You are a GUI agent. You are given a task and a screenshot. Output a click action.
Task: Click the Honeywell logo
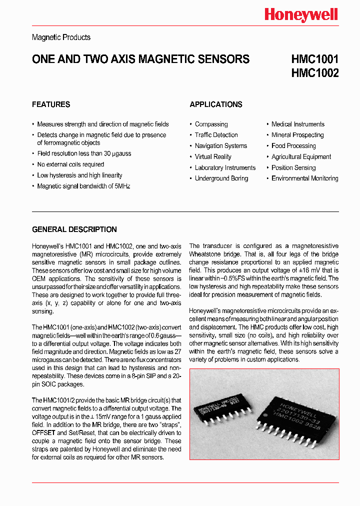[301, 15]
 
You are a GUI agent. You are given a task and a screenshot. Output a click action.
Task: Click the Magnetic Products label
[61, 37]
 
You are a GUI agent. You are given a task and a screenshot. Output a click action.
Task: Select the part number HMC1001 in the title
[314, 59]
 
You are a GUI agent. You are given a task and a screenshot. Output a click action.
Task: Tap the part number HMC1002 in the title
[314, 73]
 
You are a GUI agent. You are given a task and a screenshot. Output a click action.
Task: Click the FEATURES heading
[51, 104]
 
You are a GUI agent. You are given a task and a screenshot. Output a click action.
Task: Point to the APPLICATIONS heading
[216, 104]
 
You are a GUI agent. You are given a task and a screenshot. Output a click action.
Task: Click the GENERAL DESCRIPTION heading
[74, 229]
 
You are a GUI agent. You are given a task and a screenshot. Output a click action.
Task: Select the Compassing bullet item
[211, 124]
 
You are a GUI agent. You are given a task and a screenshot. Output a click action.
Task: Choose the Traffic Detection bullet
[216, 135]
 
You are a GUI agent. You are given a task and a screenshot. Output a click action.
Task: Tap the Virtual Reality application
[213, 157]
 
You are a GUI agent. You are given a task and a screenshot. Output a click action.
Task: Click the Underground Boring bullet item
[221, 178]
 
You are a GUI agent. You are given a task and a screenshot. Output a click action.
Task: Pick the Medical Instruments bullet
[297, 124]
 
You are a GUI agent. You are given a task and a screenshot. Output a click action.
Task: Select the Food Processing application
[293, 146]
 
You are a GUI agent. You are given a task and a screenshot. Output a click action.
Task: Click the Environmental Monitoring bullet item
[304, 178]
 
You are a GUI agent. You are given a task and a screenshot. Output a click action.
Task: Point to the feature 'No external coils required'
[70, 164]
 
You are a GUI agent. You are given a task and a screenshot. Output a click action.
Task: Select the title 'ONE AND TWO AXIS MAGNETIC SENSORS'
[140, 59]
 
